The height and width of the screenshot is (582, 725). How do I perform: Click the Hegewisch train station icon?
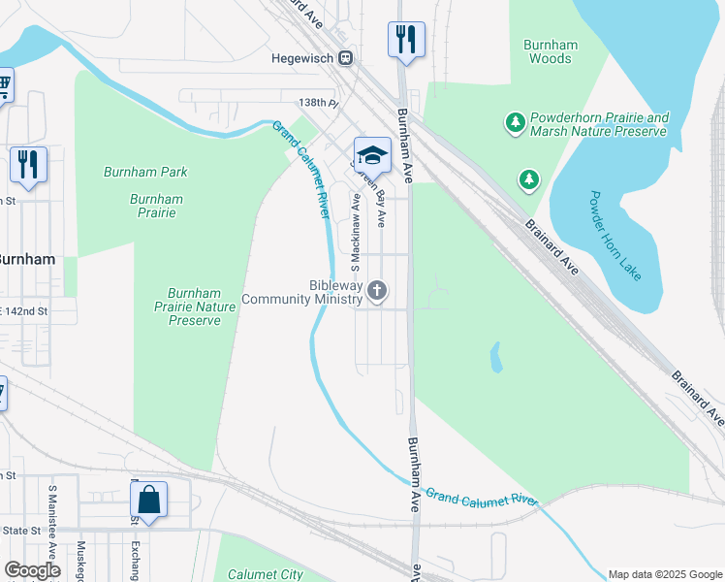(345, 58)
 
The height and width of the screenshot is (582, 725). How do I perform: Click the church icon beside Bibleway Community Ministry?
(377, 290)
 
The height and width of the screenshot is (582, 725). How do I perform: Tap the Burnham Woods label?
(550, 51)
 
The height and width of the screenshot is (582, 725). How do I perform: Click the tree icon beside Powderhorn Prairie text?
(515, 122)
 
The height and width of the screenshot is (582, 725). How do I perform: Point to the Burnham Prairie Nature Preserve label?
(195, 307)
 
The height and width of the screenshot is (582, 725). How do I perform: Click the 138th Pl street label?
(318, 102)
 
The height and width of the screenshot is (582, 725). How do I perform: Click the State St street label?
(20, 531)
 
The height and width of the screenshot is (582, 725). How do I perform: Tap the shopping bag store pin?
(148, 501)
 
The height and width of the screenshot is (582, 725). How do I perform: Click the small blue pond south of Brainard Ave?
(496, 357)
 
